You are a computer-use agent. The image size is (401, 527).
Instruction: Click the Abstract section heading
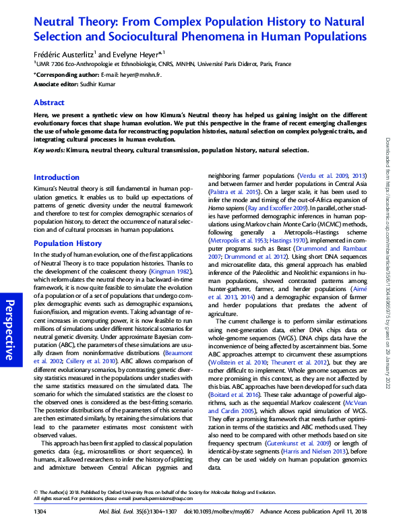(50, 103)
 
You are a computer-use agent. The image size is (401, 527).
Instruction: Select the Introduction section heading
(57, 177)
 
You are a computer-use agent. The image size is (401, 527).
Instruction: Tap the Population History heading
(68, 243)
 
